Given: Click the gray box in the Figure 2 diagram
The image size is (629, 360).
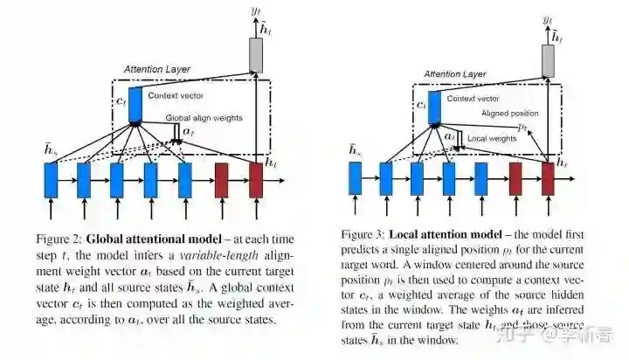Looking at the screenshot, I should [x=256, y=54].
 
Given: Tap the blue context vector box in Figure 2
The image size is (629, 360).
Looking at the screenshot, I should [x=135, y=104].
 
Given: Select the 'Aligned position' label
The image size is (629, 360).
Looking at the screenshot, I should [x=510, y=114].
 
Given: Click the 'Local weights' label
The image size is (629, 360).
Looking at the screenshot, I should [x=489, y=138].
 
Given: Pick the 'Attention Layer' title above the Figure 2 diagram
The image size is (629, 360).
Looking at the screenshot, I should [x=156, y=68].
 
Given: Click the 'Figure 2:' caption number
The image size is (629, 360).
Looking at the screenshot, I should [x=57, y=239].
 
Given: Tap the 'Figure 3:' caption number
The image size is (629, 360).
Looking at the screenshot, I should [x=360, y=235].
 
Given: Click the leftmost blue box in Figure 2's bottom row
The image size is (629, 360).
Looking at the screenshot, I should [x=51, y=180].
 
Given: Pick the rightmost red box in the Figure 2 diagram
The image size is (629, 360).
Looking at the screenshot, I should [x=256, y=180].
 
